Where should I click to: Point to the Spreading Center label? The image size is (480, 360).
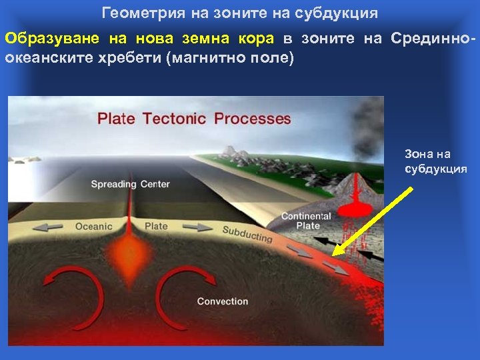point(130,184)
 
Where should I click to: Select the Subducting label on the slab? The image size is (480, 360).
point(247,234)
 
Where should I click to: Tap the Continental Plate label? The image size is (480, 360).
point(305,221)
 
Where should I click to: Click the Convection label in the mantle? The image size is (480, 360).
point(223,301)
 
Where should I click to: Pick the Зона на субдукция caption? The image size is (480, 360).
point(436,161)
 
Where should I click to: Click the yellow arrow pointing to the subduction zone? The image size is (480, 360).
point(373,220)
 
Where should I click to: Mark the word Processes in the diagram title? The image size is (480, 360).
point(252,119)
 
